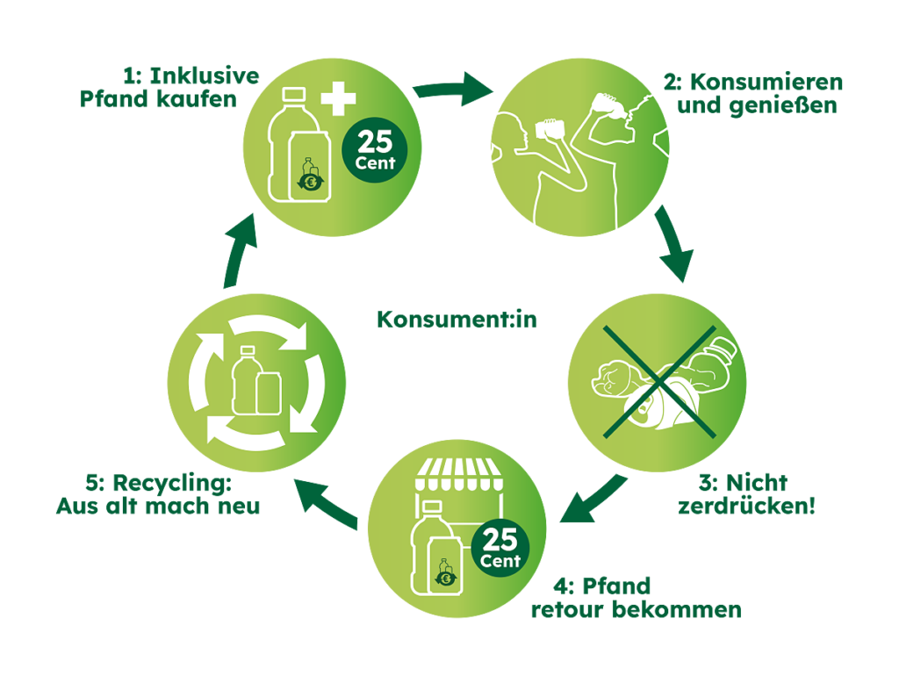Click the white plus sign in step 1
[x=338, y=98]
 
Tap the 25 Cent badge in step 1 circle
[x=374, y=150]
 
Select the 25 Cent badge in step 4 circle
[x=500, y=549]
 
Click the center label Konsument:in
[x=457, y=320]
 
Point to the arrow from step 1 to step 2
[x=453, y=90]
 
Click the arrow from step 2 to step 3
[x=673, y=244]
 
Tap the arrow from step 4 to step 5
[x=327, y=503]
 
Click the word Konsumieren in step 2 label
[x=766, y=82]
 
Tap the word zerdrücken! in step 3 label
[x=746, y=507]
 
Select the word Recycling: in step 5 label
[x=172, y=485]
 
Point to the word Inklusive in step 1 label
[x=205, y=76]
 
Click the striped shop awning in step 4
[x=457, y=474]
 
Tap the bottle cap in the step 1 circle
[x=293, y=95]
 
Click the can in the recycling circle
[x=269, y=392]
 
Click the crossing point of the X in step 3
[x=660, y=382]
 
